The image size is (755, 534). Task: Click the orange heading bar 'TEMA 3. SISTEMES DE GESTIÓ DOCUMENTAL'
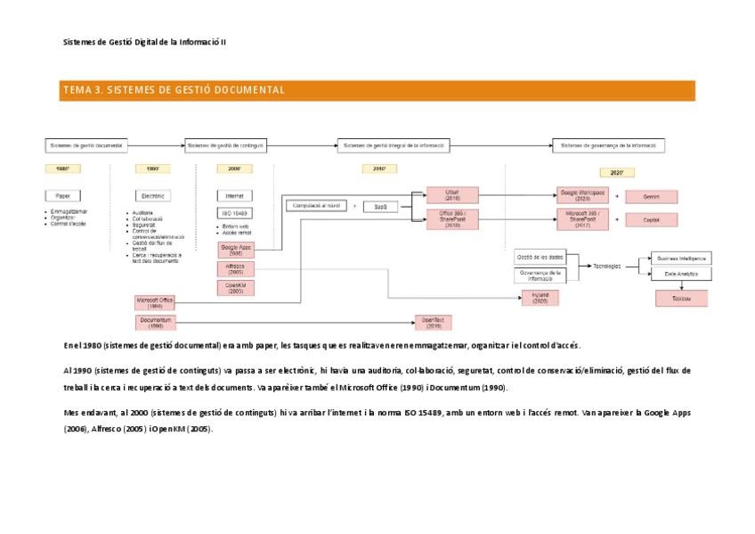coord(377,90)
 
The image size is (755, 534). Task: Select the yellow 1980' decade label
coord(62,168)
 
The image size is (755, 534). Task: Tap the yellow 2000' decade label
coord(234,168)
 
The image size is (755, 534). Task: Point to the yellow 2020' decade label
coord(616,172)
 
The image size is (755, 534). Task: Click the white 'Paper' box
coord(62,195)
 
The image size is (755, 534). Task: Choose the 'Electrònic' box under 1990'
coord(152,195)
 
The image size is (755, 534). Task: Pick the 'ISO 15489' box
coord(234,213)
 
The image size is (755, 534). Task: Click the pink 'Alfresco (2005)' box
coord(235,268)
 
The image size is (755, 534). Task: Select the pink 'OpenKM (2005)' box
coord(235,288)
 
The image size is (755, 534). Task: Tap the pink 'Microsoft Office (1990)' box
coord(155,303)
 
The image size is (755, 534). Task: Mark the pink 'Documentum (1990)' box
coord(155,322)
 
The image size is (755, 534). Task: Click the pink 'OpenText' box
coord(433,322)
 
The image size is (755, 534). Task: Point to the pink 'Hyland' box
coord(540,298)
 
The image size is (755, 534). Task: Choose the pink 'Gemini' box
coord(651,196)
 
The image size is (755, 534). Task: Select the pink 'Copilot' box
coord(651,219)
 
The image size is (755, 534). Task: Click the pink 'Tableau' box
coord(681,299)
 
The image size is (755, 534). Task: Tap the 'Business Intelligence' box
coord(681,258)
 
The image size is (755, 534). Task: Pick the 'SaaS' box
coord(380,207)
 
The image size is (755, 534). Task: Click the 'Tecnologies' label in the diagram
coord(607,266)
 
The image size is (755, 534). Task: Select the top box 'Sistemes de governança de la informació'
coord(608,145)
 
